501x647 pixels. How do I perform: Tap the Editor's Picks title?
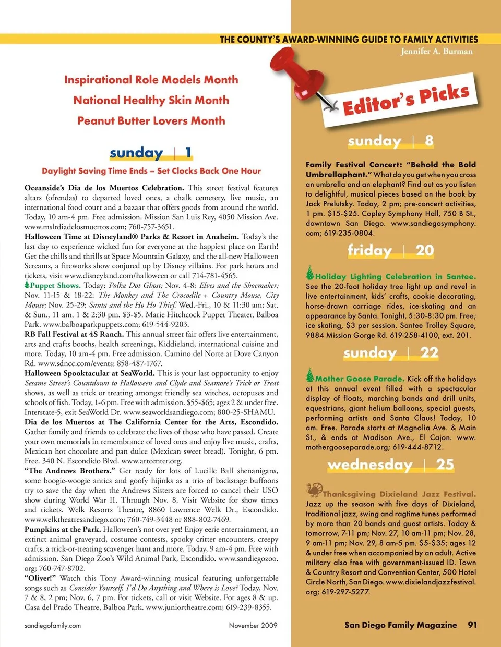click(x=406, y=100)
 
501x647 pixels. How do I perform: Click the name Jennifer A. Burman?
click(x=436, y=51)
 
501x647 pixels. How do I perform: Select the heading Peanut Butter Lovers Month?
click(x=151, y=120)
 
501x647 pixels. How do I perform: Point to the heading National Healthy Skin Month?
click(x=151, y=100)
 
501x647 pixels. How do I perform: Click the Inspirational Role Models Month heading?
click(x=151, y=80)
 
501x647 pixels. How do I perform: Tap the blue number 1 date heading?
click(x=188, y=152)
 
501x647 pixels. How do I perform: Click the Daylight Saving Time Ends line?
click(x=151, y=170)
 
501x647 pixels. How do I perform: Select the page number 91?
click(x=472, y=625)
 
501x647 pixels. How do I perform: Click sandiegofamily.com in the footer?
click(x=53, y=625)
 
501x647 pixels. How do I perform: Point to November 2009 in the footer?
click(x=253, y=625)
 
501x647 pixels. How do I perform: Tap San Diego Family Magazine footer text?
click(x=400, y=625)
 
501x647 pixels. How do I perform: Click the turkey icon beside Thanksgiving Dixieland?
click(x=314, y=490)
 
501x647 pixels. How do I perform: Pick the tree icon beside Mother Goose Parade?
click(x=310, y=375)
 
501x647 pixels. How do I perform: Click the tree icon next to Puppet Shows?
click(x=27, y=285)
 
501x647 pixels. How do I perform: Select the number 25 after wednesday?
click(x=445, y=464)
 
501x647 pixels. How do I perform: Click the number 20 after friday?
click(x=424, y=250)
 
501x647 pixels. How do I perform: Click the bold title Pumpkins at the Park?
click(x=62, y=529)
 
